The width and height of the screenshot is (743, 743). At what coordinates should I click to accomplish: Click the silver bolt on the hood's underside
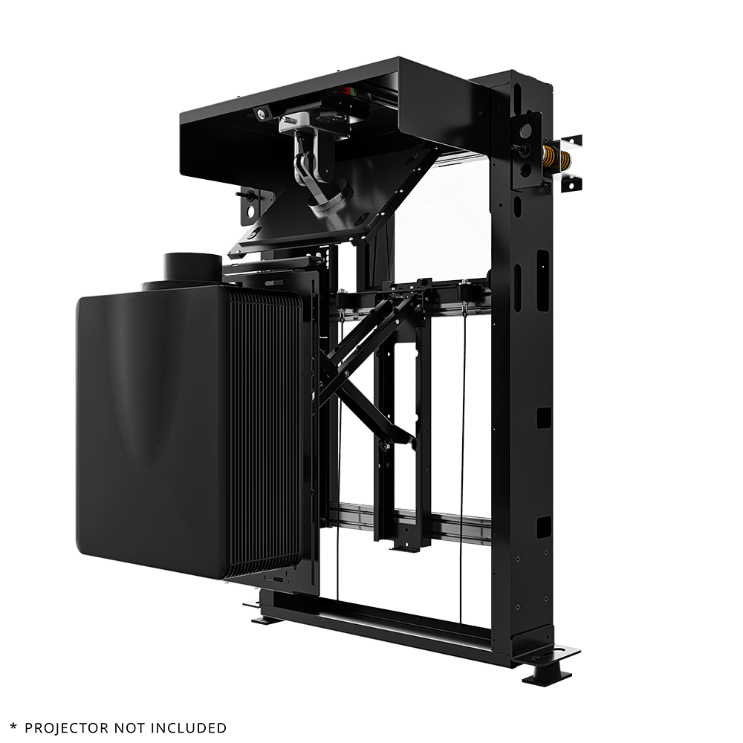261,112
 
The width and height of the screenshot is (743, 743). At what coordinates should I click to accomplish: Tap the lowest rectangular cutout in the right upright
543,526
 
